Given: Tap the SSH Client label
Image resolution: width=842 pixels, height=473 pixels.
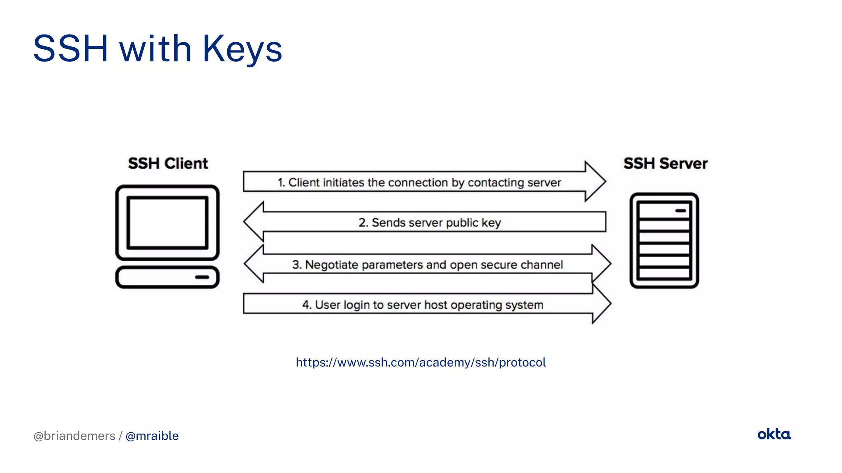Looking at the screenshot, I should [x=168, y=163].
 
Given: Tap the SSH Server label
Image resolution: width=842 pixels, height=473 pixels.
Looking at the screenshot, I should [x=665, y=163].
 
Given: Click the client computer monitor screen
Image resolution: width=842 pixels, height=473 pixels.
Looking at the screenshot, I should [x=167, y=223].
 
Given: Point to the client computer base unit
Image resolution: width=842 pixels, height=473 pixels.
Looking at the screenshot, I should [x=167, y=277].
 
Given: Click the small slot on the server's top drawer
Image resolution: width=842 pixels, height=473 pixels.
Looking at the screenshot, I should [x=680, y=211].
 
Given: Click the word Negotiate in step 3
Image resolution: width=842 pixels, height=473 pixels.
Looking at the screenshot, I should [x=331, y=265].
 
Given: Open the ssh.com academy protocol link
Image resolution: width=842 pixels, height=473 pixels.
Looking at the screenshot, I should [x=421, y=362].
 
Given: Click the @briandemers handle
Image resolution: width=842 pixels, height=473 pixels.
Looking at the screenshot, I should [x=74, y=436].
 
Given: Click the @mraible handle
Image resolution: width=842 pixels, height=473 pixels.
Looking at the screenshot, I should [x=152, y=436].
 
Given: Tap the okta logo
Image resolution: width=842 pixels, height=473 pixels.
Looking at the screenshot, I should [x=774, y=434].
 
